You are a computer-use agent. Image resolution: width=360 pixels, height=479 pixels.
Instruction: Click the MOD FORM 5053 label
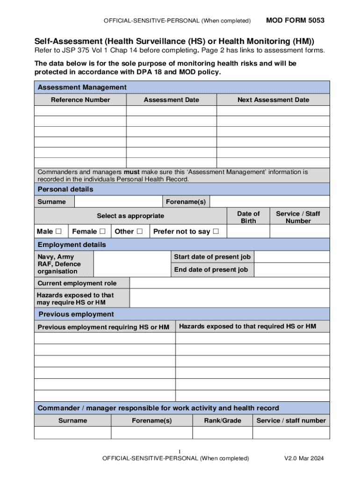click(x=295, y=21)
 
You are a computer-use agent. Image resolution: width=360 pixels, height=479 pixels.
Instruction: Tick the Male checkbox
click(x=58, y=232)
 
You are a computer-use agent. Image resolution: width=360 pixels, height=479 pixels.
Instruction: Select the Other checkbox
click(x=139, y=232)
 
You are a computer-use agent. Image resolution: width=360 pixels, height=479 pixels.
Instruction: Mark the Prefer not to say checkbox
click(x=216, y=232)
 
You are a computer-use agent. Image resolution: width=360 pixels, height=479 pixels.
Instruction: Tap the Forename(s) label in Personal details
click(x=186, y=202)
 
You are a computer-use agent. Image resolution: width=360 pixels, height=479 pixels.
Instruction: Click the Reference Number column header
click(x=80, y=100)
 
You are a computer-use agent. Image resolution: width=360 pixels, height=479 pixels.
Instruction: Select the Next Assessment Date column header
click(x=273, y=100)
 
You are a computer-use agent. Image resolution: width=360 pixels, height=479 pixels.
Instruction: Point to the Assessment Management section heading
click(x=82, y=87)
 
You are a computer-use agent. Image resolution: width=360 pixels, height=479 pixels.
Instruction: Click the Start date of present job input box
click(x=292, y=257)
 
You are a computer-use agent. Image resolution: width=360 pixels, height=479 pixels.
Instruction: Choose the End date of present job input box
click(x=292, y=270)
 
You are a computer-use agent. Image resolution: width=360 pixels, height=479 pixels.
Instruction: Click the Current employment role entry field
click(x=229, y=283)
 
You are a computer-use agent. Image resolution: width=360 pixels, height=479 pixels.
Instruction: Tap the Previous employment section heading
click(x=76, y=314)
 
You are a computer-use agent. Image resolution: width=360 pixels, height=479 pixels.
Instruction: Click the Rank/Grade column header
click(x=223, y=421)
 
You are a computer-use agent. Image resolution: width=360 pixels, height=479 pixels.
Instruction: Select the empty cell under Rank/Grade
click(x=223, y=433)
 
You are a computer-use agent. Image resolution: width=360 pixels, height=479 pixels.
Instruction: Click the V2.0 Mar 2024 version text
click(x=304, y=458)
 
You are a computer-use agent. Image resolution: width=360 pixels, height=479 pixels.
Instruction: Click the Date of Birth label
click(x=248, y=217)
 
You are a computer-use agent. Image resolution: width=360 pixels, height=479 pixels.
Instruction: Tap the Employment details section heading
click(x=72, y=245)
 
